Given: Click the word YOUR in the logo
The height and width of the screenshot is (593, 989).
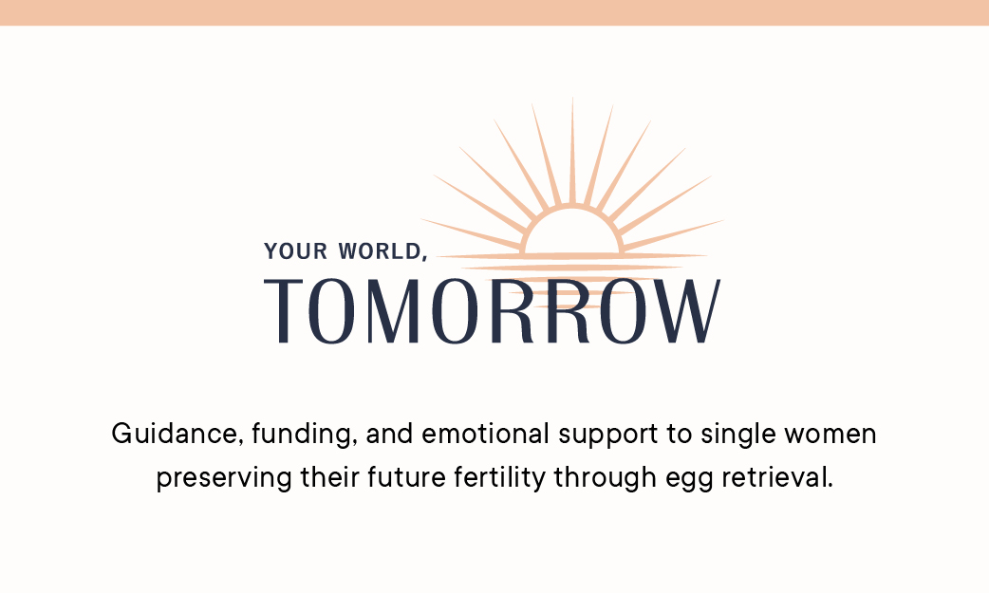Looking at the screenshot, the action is point(296,251).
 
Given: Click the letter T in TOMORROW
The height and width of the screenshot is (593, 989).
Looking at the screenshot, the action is point(283,311).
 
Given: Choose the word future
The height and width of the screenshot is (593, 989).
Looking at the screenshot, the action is point(407,477).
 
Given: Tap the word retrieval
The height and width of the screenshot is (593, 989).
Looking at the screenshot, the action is point(777,477).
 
